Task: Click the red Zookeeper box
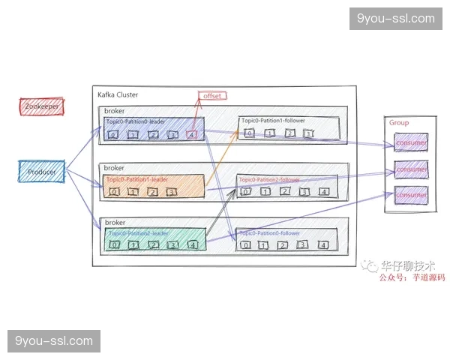41,106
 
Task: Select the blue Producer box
42,171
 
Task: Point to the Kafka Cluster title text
118,95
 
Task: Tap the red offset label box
212,95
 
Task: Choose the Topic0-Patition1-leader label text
137,180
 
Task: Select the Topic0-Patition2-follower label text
269,180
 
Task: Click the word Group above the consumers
398,122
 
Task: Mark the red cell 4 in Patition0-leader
193,135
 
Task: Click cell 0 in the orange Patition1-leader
114,192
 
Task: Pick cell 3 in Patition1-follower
307,134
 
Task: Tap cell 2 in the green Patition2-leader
154,245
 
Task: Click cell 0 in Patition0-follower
244,245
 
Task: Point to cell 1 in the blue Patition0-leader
133,135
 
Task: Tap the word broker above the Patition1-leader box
114,168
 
